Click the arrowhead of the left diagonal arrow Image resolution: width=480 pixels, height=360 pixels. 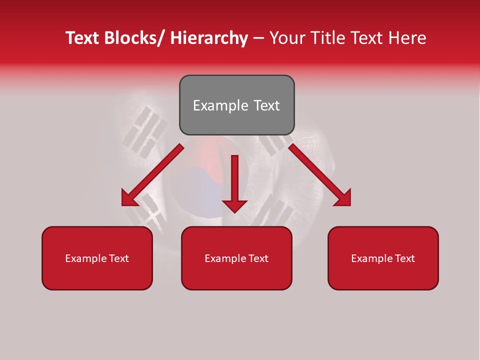click(129, 199)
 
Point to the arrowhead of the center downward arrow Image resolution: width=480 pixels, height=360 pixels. click(234, 205)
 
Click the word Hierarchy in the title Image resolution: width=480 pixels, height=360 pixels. click(209, 38)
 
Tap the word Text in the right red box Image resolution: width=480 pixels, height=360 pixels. click(404, 258)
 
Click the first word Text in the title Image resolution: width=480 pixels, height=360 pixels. click(82, 38)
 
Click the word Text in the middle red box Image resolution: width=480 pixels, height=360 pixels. click(258, 258)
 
